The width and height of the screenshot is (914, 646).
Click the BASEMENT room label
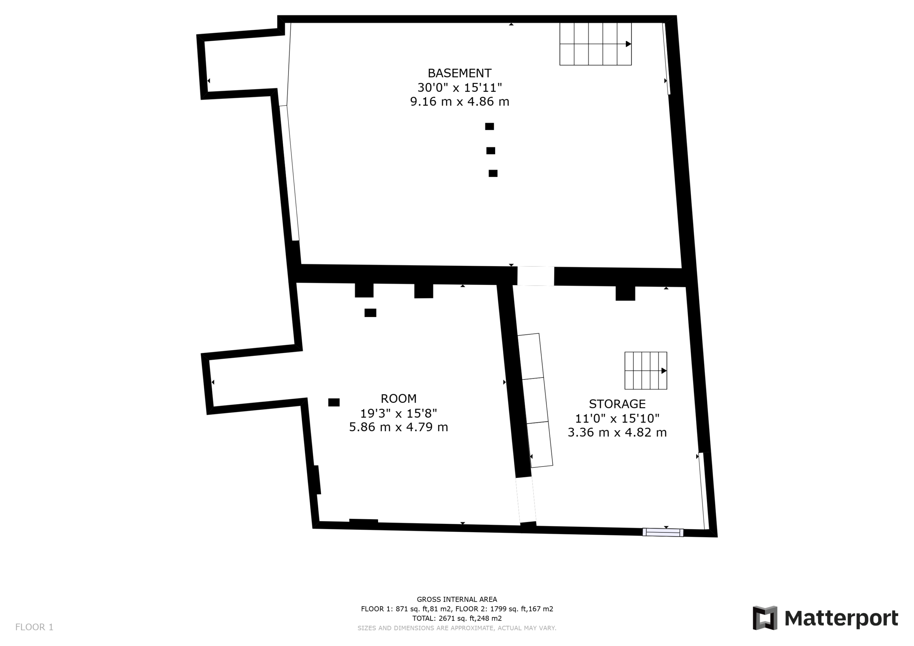[x=459, y=73]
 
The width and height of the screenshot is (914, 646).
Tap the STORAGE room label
[x=617, y=404]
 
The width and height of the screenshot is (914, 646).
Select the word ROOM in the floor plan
[x=398, y=398]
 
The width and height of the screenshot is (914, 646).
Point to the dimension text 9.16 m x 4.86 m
[x=460, y=102]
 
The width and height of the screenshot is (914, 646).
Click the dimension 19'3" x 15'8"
[x=398, y=413]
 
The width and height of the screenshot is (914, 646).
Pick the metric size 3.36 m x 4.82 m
[x=617, y=433]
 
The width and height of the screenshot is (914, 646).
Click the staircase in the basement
[x=596, y=44]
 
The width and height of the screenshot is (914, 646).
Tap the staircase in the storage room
[x=646, y=370]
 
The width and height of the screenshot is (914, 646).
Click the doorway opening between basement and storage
[x=536, y=276]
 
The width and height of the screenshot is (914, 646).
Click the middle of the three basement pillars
[x=491, y=151]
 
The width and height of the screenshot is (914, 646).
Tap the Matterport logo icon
[x=765, y=618]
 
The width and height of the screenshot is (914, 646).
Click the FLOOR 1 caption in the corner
[x=34, y=627]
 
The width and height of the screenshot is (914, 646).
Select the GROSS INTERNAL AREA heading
[x=457, y=600]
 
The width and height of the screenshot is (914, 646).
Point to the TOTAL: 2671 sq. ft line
[x=457, y=619]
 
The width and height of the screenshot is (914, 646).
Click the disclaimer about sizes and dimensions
[x=457, y=628]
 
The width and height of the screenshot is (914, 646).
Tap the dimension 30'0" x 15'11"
[x=460, y=87]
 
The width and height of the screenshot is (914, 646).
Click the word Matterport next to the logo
[x=841, y=619]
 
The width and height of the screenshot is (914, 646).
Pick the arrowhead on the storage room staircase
[x=664, y=370]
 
